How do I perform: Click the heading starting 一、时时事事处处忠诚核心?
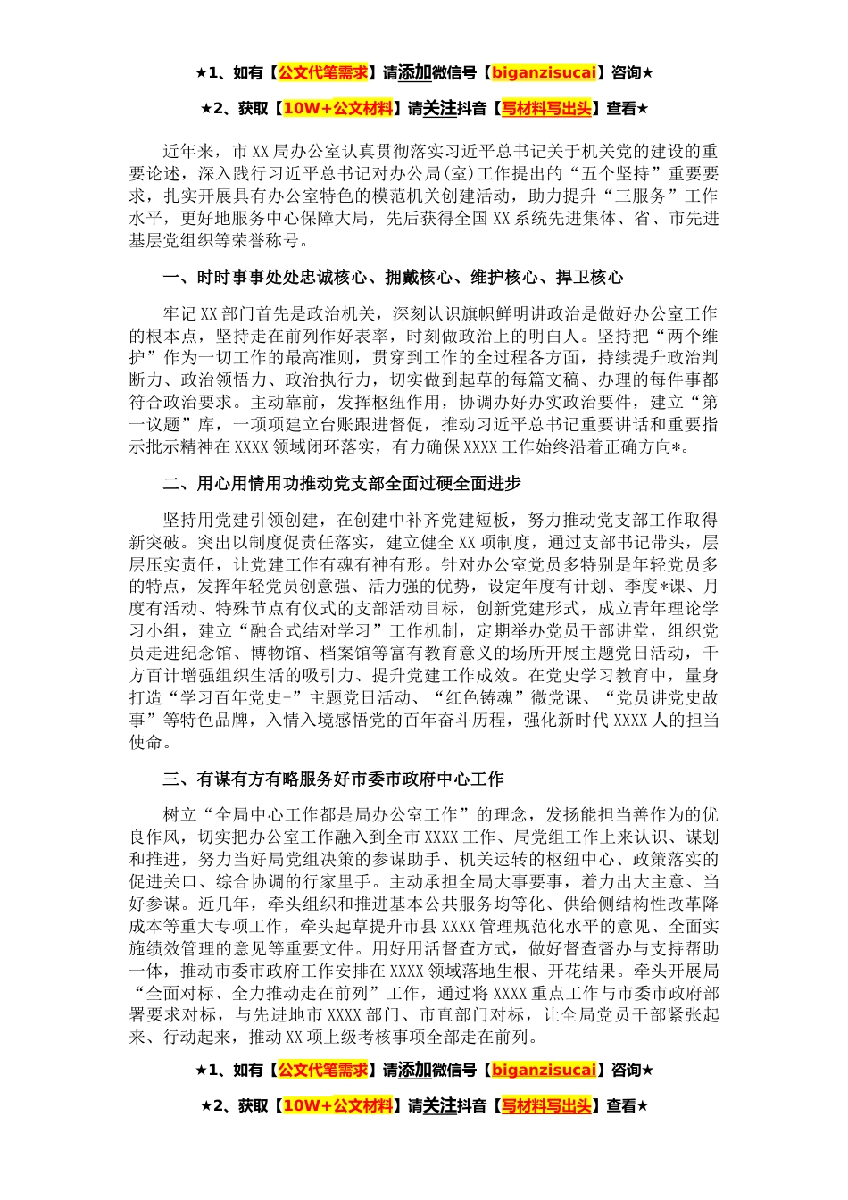(x=393, y=278)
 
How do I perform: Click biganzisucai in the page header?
(x=544, y=72)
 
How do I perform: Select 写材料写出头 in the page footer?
(x=546, y=1106)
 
